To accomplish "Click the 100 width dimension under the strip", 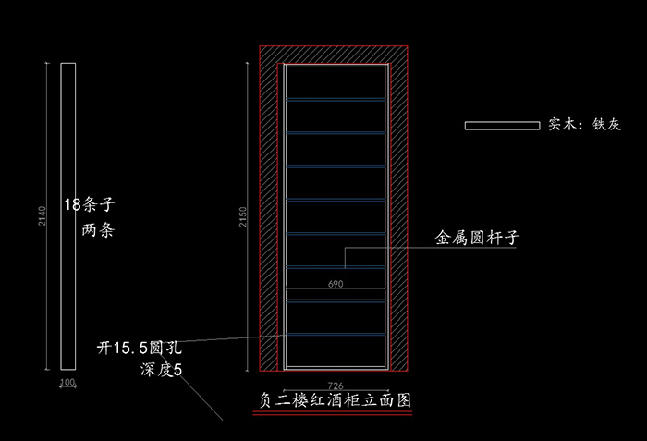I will tap(67, 382).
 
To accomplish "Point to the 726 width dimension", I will tap(335, 385).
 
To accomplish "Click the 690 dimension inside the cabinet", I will tap(336, 286).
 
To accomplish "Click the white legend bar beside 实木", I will tap(501, 124).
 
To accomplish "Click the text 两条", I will tap(98, 231).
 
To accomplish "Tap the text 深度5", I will tap(163, 370).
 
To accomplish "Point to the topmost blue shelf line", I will tap(335, 99).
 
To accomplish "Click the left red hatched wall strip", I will tap(270, 213).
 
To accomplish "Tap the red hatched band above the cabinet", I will tap(335, 53).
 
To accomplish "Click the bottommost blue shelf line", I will tap(335, 334).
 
